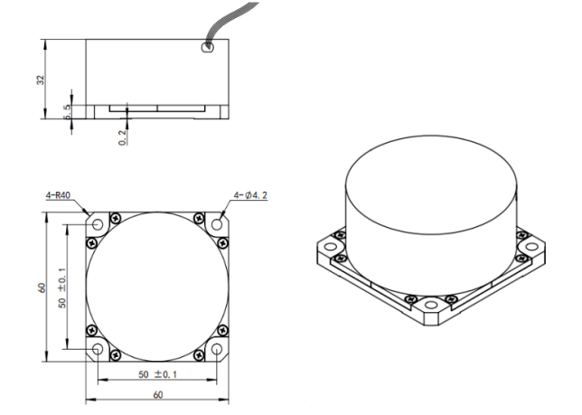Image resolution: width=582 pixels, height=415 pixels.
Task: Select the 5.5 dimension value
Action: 68,110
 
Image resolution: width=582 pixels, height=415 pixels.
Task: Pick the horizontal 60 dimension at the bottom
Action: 158,396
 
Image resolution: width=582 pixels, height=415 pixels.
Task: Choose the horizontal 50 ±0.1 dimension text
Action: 156,373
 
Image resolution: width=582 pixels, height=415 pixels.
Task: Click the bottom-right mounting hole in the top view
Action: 217,349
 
